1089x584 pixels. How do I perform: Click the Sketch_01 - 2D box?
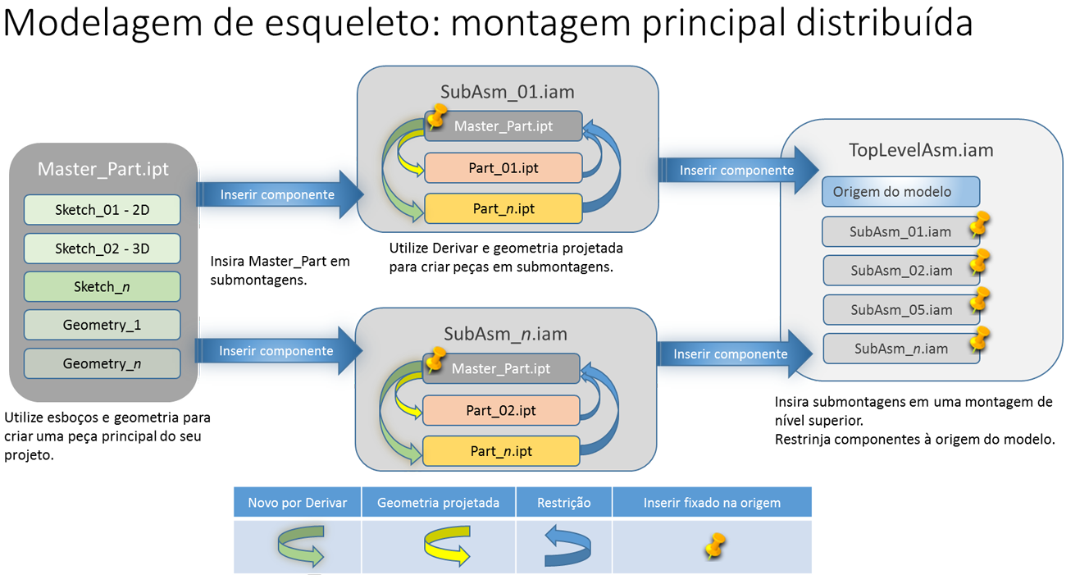click(103, 210)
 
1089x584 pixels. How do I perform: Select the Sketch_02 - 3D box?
click(103, 249)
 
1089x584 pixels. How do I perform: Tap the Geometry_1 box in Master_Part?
click(103, 325)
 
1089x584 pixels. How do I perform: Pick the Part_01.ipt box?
click(503, 167)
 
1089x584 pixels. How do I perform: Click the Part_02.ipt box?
click(501, 410)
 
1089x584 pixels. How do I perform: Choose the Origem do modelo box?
click(900, 192)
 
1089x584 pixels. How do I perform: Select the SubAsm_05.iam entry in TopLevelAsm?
click(900, 310)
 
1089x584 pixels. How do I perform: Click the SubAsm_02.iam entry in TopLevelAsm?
click(900, 270)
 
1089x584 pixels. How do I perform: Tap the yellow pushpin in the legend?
click(715, 545)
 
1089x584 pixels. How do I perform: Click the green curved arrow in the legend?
click(300, 548)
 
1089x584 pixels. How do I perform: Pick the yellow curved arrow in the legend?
click(447, 546)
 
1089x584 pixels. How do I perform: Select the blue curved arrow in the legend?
click(567, 548)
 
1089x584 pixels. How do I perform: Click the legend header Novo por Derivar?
click(297, 503)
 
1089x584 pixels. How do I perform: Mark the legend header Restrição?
click(563, 503)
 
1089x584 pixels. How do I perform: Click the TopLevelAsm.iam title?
click(921, 150)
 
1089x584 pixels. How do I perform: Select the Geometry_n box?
click(103, 363)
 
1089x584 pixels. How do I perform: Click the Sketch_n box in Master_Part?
click(103, 286)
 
